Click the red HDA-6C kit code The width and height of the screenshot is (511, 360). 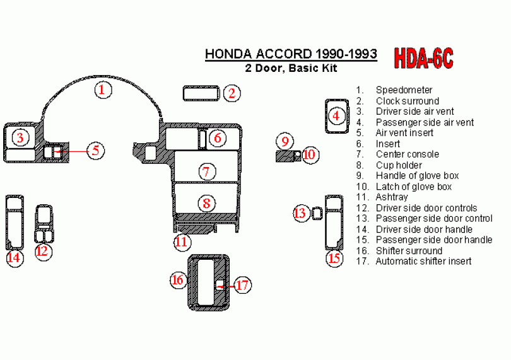coord(423,58)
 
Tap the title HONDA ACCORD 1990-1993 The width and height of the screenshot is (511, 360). coord(291,54)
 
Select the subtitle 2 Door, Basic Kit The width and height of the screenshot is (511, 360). coord(291,68)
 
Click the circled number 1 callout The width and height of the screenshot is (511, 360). coord(103,90)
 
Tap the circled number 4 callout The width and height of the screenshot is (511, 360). coord(336,115)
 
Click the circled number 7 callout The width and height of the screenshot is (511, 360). coord(207,171)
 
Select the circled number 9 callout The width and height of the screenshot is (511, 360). coord(285,141)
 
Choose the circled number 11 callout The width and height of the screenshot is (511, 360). coord(182,242)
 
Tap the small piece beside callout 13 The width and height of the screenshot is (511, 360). coord(317,214)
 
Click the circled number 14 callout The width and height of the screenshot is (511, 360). coord(15,258)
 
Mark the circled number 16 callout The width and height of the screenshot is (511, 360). coord(179,279)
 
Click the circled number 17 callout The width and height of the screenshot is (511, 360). coord(242,285)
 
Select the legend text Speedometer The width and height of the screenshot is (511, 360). coord(404,90)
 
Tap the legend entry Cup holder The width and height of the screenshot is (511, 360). coord(399,165)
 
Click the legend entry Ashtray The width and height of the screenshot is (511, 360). coord(392,197)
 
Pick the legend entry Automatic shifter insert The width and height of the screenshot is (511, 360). coord(423,261)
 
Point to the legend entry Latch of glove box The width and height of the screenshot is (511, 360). coord(414,187)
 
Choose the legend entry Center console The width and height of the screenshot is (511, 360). coord(408,154)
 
